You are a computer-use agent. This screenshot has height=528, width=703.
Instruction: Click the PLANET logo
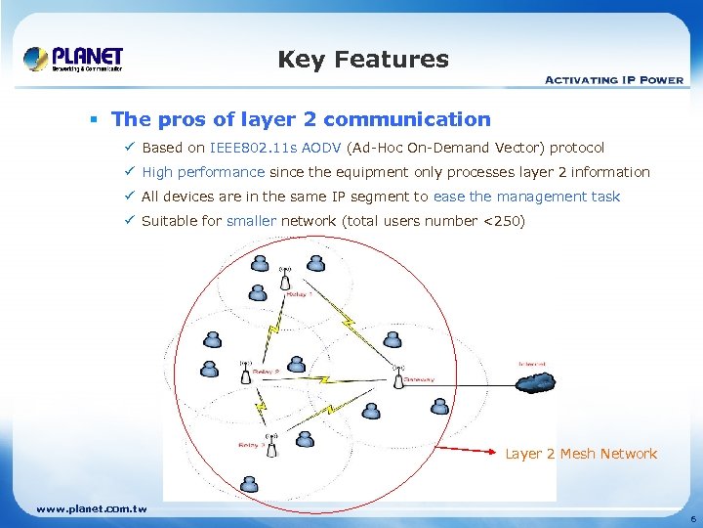73,59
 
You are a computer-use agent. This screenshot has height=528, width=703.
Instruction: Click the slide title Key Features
363,60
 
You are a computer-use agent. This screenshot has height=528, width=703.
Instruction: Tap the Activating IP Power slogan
613,80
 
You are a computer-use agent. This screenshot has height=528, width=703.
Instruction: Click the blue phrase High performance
203,172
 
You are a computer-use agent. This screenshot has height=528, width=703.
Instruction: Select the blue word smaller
251,221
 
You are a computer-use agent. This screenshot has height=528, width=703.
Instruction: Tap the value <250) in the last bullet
504,221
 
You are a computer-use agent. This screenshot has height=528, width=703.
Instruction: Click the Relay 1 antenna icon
285,278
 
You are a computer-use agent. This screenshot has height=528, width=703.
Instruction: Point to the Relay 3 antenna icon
271,444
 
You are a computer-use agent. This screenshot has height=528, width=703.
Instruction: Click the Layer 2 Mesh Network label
581,454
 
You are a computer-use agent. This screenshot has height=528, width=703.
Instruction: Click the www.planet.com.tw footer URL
91,508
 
